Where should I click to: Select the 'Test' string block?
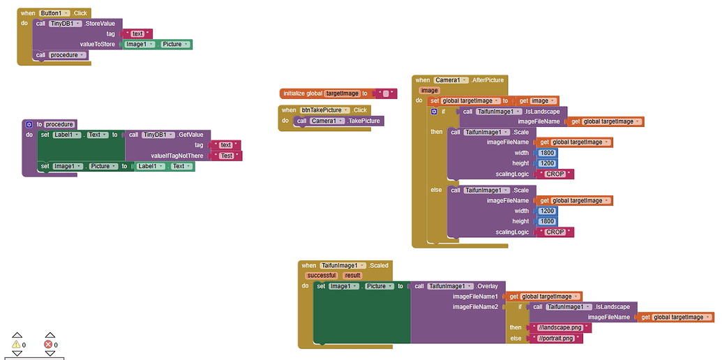pyautogui.click(x=226, y=156)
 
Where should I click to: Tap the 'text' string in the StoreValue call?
pyautogui.click(x=137, y=33)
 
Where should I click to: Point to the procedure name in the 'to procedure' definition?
pyautogui.click(x=59, y=124)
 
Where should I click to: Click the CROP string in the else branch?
pyautogui.click(x=555, y=232)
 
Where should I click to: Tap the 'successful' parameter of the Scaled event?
pyautogui.click(x=321, y=276)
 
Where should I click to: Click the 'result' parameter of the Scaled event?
pyautogui.click(x=352, y=276)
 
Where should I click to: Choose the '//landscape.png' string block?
pyautogui.click(x=559, y=328)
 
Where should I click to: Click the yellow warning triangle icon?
pyautogui.click(x=17, y=344)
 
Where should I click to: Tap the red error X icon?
pyautogui.click(x=48, y=344)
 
